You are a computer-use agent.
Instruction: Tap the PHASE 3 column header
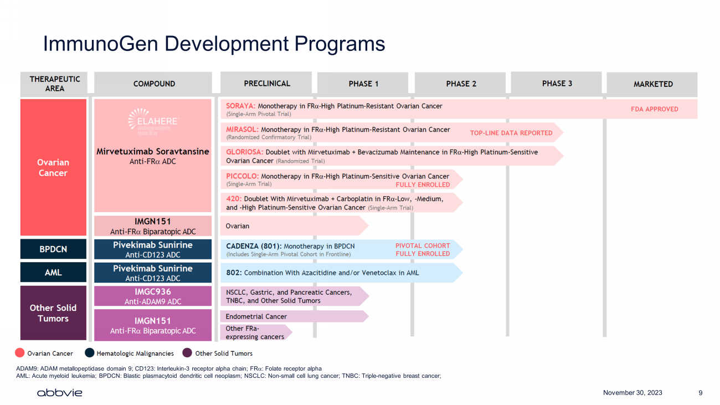557,84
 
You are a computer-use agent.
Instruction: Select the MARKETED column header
653,84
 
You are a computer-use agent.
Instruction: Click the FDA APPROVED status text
654,109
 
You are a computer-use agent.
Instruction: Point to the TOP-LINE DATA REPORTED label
511,133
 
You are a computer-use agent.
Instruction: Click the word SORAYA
240,106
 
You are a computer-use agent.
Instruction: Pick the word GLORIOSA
244,152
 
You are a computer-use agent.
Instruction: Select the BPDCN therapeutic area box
53,249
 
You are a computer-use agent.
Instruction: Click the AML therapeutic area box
53,273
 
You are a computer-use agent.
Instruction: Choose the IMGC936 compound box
153,296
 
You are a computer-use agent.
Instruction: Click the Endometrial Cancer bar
294,316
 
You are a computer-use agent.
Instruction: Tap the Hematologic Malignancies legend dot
90,353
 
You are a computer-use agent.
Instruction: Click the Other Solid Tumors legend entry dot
187,353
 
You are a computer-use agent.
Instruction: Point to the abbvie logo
59,393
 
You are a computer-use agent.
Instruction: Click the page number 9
701,393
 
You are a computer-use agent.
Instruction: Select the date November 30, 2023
632,393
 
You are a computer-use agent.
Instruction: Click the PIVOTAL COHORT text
423,245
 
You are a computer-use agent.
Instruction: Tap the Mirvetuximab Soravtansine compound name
153,151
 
